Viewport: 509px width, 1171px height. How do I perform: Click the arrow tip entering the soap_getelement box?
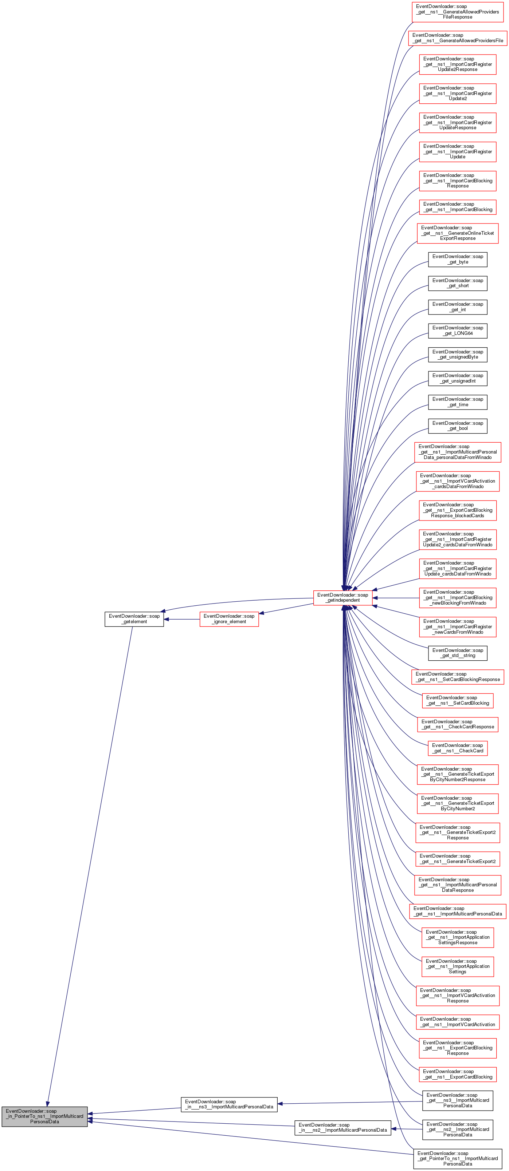point(164,619)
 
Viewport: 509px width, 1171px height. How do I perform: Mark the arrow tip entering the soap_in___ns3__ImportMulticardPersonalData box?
point(278,1103)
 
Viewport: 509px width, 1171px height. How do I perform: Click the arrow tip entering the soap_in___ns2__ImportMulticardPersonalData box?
point(391,1128)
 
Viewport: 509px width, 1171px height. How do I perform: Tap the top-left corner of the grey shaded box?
point(2,1107)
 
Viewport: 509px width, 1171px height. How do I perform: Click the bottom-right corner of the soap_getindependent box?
point(372,605)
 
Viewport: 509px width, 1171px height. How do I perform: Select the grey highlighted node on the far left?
point(44,1116)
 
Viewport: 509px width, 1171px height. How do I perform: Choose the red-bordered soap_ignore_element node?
point(229,619)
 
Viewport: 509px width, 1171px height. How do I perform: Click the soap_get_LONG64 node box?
point(458,331)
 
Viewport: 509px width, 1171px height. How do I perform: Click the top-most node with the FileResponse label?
point(458,12)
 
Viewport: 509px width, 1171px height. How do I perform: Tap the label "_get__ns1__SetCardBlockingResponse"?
point(458,680)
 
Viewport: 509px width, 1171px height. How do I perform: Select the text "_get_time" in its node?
point(458,404)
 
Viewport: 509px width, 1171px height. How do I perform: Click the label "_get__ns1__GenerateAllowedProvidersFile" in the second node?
point(458,40)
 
